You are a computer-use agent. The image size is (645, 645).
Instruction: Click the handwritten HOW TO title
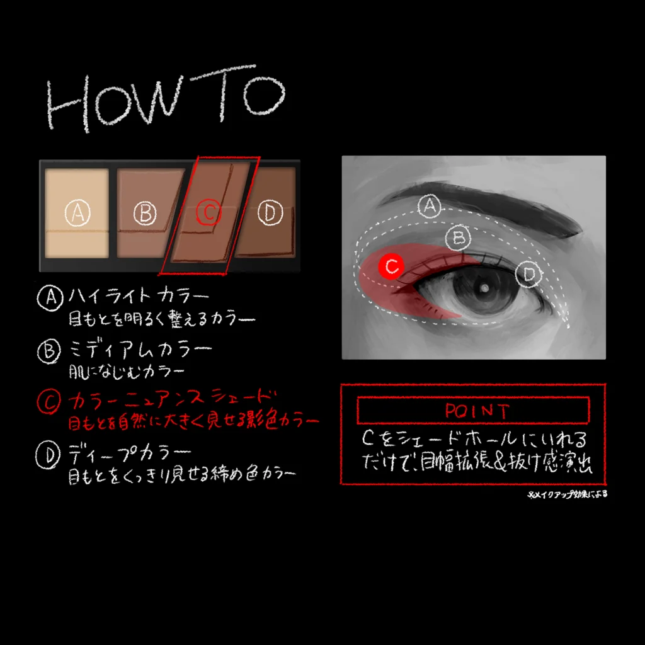click(x=166, y=99)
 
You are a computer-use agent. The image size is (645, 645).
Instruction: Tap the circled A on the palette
click(x=77, y=213)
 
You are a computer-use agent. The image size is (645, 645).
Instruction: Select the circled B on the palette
click(x=146, y=213)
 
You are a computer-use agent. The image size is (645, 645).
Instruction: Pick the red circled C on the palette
click(x=209, y=212)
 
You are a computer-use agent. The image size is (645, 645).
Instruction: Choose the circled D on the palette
click(x=270, y=212)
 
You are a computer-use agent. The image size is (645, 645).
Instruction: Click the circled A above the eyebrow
click(x=430, y=206)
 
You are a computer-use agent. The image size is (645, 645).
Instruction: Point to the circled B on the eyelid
click(x=459, y=237)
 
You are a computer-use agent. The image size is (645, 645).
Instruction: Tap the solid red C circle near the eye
click(x=391, y=266)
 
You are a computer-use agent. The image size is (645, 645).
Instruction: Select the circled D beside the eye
click(x=528, y=273)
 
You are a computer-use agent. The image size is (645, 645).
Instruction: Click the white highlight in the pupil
click(x=485, y=288)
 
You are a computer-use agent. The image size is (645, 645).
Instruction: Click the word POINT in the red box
click(x=477, y=411)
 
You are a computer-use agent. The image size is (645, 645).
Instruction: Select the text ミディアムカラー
click(x=140, y=350)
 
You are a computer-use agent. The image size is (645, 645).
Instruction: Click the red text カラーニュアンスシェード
click(x=172, y=399)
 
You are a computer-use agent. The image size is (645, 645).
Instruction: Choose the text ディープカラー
click(x=129, y=454)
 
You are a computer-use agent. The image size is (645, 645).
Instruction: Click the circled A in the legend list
click(x=50, y=297)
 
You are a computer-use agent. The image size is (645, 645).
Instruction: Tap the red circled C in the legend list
click(x=49, y=401)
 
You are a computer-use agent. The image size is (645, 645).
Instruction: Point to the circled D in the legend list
click(x=48, y=455)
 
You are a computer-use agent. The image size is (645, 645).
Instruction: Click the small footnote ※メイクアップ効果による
click(x=568, y=494)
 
